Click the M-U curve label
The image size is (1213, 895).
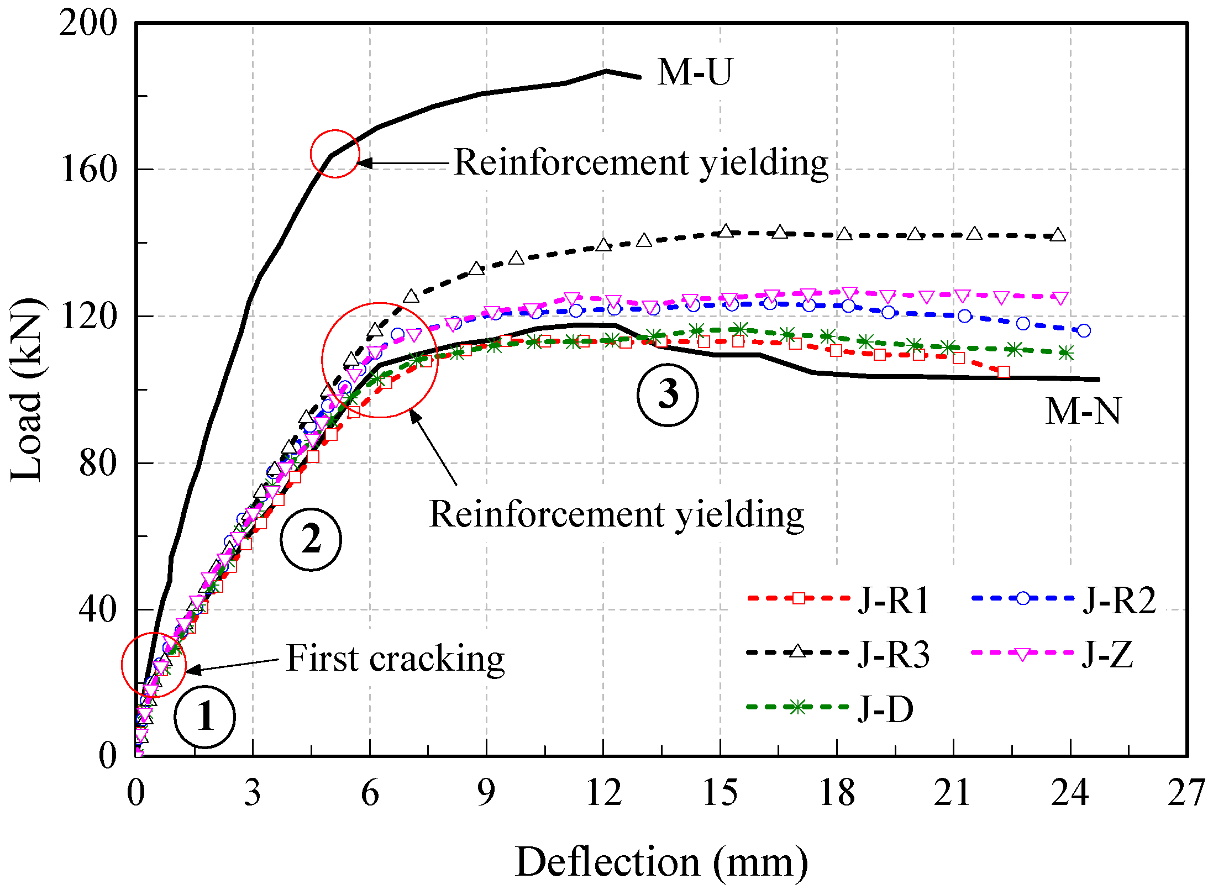point(694,72)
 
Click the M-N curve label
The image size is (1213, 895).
point(1083,412)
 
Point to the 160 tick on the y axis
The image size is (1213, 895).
point(88,169)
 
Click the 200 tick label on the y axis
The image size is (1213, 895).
point(88,23)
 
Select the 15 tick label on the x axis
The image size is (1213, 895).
point(720,793)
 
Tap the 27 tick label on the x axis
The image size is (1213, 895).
point(1186,793)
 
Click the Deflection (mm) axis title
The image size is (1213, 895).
point(661,862)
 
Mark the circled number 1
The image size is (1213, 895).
point(204,717)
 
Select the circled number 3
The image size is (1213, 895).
point(668,395)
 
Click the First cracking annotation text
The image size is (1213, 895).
point(395,659)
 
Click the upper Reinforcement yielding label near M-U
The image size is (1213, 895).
point(640,163)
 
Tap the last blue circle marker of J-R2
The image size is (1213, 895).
point(1084,330)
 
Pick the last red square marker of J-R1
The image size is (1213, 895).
point(1004,372)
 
